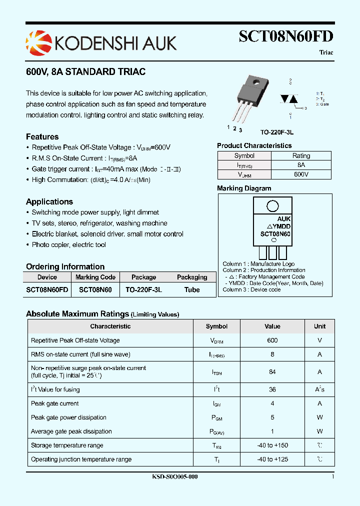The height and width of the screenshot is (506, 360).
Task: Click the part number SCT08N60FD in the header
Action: tap(286, 37)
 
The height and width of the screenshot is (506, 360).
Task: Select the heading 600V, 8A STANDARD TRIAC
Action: tap(85, 72)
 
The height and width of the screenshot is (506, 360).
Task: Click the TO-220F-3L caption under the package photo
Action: tap(276, 132)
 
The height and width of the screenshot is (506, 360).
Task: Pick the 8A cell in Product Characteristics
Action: tap(301, 165)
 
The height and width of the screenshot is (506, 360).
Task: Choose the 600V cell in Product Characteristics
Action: tap(301, 174)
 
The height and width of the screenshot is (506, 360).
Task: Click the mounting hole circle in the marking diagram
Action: tap(272, 206)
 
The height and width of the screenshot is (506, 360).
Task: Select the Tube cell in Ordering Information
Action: tap(192, 289)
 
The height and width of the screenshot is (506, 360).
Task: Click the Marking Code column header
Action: tap(95, 277)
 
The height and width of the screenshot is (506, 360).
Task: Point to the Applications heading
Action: tap(49, 202)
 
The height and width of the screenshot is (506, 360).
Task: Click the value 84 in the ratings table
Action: tap(272, 372)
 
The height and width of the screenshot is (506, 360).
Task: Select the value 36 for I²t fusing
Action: tap(272, 389)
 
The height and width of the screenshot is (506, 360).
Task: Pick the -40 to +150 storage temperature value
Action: tap(272, 445)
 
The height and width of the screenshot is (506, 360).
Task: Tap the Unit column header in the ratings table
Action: tap(319, 326)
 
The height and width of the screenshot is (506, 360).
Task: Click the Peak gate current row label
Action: tap(55, 403)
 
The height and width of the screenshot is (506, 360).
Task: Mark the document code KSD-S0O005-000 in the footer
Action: tap(175, 477)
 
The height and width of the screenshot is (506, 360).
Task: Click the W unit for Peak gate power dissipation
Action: tap(319, 417)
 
